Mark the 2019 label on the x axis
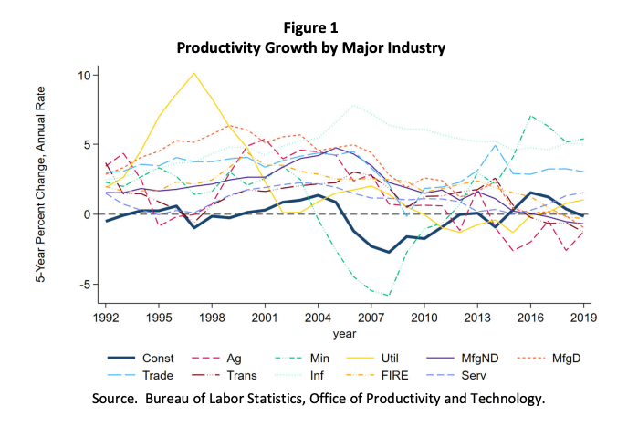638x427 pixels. [583, 319]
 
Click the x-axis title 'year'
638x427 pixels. [345, 335]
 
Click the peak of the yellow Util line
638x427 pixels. [193, 73]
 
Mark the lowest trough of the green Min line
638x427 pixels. [389, 296]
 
